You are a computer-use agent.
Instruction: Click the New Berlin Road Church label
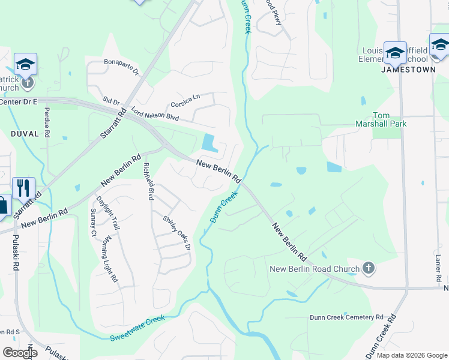click(x=314, y=269)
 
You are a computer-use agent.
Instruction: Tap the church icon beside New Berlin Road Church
click(x=369, y=269)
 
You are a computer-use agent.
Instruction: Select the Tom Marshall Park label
click(x=390, y=119)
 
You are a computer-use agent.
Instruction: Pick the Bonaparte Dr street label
click(x=121, y=67)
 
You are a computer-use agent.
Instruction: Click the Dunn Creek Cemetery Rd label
click(x=346, y=317)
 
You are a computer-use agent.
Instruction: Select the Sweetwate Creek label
click(x=137, y=329)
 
